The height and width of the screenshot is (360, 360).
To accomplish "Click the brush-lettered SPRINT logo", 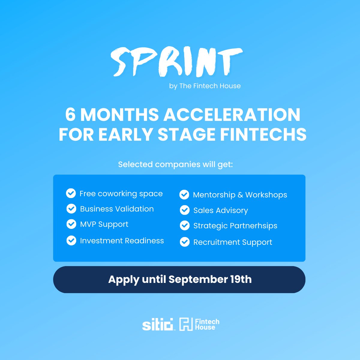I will coord(176,62).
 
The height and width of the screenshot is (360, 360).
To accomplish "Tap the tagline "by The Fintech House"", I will coord(205,86).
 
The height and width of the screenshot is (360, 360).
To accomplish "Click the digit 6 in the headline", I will coord(70,115).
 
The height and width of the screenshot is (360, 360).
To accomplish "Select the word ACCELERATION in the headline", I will coord(232,115).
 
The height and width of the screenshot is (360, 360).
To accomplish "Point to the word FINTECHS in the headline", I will coord(263,134).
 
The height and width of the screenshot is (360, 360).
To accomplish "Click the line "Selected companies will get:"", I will coord(175,164).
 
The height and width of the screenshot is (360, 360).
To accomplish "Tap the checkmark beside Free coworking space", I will coord(71,193).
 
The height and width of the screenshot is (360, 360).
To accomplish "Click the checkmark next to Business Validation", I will coord(71,209).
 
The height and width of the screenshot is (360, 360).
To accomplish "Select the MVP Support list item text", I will coord(104,224).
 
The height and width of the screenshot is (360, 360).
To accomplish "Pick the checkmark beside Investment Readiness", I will coord(71,241).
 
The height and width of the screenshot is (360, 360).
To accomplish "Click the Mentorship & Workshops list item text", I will coord(240,195).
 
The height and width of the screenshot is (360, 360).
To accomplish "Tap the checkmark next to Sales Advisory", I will coord(184,210).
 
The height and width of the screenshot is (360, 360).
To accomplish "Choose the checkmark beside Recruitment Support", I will coord(184,242).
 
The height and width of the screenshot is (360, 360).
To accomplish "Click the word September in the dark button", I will coord(198,280).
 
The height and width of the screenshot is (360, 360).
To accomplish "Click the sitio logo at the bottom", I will coord(158,325).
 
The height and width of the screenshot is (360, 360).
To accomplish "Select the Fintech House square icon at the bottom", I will coord(186,325).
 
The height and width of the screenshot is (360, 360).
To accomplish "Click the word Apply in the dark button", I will coord(124,280).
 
